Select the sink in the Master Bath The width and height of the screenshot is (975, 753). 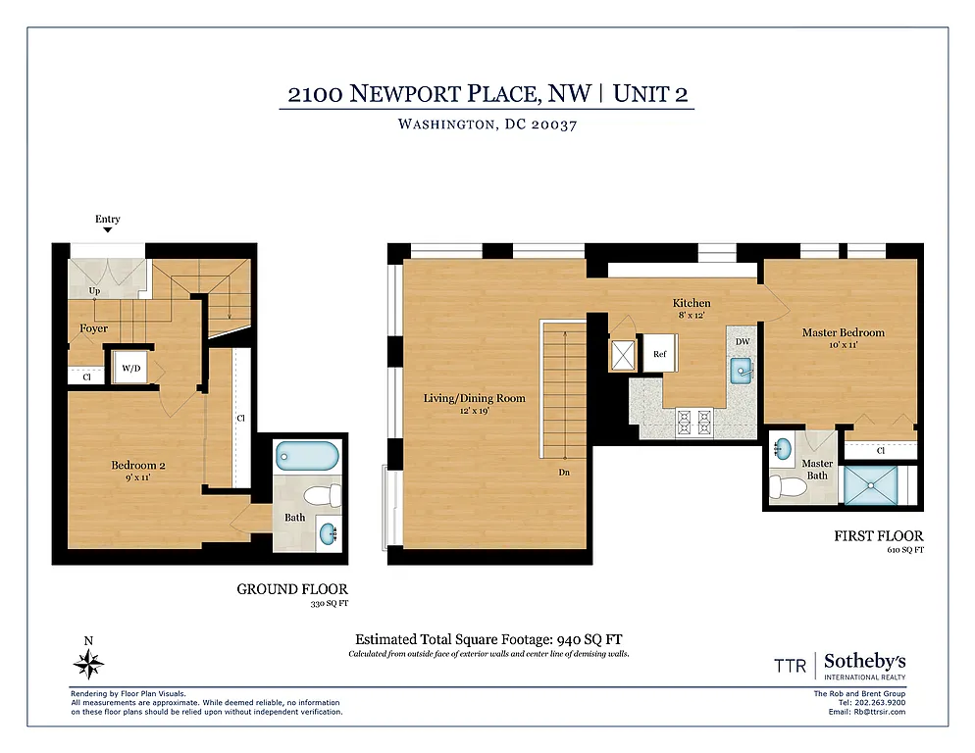tap(782, 450)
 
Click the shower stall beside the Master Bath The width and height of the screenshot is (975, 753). tap(875, 485)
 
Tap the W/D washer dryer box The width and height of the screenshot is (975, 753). tap(128, 369)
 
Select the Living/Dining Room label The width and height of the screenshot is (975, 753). tap(474, 398)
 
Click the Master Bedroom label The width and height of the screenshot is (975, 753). tap(843, 332)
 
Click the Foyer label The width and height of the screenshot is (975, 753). tap(94, 328)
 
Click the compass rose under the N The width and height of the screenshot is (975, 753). tap(89, 666)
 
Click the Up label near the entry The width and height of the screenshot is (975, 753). tap(94, 291)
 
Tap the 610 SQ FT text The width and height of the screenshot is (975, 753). tap(904, 551)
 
